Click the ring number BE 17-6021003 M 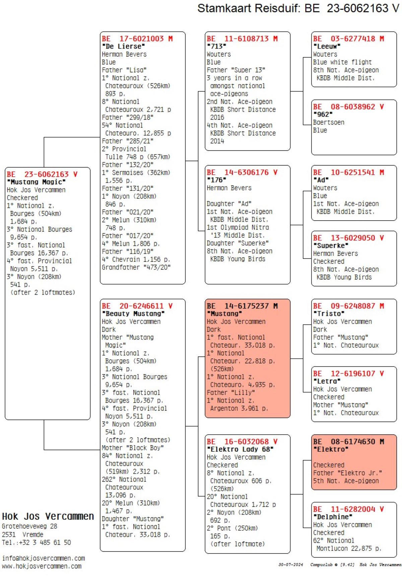click(137, 39)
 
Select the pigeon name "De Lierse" click(123, 46)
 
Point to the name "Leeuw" click(327, 46)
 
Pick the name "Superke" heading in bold click(330, 246)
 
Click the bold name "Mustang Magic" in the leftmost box click(36, 182)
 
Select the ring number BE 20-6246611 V click(137, 306)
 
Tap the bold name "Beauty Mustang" click(133, 314)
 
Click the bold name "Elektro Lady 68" click(240, 449)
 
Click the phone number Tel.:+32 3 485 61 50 click(36, 542)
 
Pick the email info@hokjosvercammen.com click(43, 558)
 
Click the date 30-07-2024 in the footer click(290, 565)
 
